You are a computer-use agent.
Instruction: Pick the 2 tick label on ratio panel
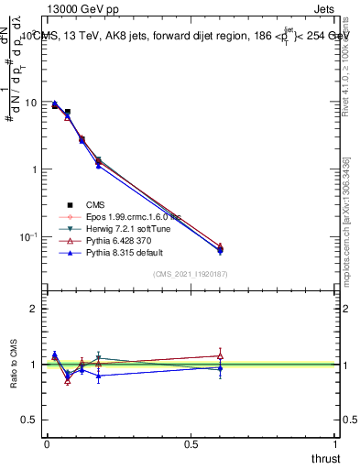(x=34, y=309)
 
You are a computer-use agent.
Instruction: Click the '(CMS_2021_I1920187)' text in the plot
(x=191, y=274)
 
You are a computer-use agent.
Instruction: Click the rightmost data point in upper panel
(x=220, y=248)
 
